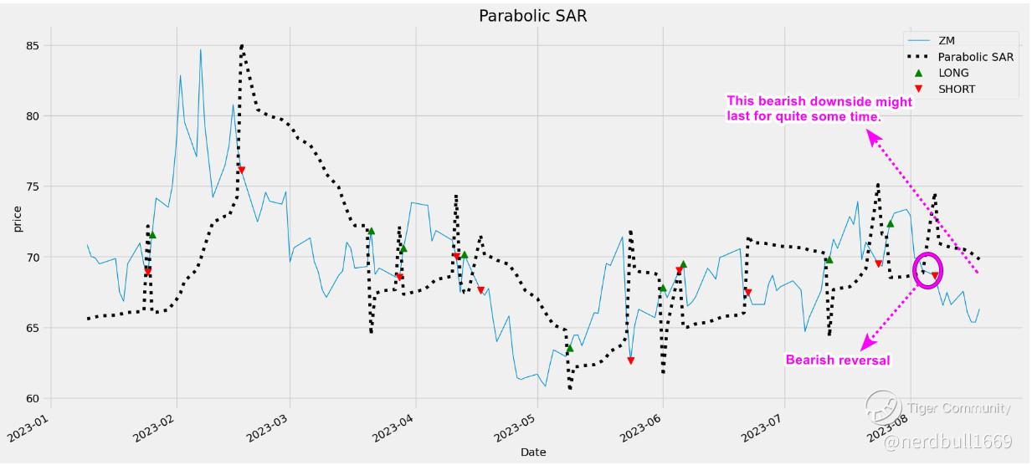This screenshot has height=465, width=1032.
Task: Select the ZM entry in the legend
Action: (946, 40)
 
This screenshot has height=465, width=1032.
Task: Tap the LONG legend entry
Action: (953, 73)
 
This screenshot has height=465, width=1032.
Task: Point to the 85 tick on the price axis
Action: (34, 45)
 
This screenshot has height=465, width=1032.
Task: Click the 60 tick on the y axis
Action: (34, 398)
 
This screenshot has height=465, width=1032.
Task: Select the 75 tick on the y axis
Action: (34, 187)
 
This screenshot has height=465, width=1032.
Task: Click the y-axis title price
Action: (17, 218)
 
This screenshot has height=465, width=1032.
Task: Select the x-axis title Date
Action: (533, 452)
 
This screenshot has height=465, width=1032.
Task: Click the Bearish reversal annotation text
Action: (837, 360)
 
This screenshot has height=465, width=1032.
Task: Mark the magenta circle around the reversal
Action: (928, 269)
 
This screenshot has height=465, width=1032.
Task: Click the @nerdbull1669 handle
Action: (947, 441)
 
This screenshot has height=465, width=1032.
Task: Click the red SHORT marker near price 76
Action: (241, 171)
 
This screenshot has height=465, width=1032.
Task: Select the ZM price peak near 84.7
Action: (200, 49)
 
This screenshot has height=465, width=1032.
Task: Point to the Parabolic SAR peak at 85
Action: (242, 45)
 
